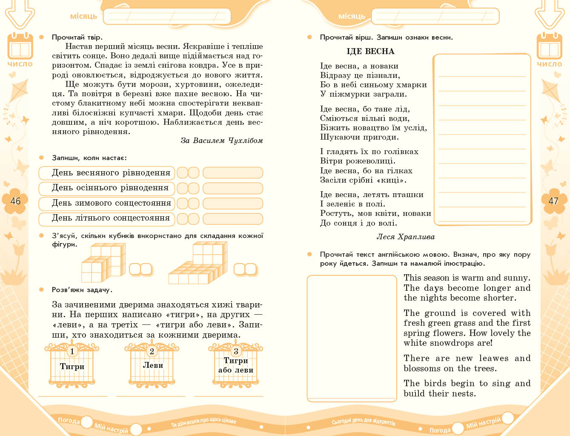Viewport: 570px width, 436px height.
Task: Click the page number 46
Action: [15, 201]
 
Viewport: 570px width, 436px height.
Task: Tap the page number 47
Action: [553, 201]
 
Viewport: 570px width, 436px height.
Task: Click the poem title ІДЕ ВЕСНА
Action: [370, 52]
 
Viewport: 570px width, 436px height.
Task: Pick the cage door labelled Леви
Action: [152, 365]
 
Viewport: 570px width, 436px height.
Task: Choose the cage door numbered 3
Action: [235, 365]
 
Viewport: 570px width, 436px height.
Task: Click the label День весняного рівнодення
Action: [111, 173]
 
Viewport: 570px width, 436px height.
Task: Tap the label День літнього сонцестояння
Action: [111, 218]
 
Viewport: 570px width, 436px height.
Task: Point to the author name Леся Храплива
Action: [405, 237]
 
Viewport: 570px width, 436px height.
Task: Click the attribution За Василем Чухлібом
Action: [221, 141]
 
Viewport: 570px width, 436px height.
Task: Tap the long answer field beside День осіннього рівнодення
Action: [232, 188]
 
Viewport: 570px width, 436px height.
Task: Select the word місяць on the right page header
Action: [352, 16]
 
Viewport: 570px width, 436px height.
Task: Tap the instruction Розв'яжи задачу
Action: [82, 290]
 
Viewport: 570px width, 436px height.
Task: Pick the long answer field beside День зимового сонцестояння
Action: [232, 204]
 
